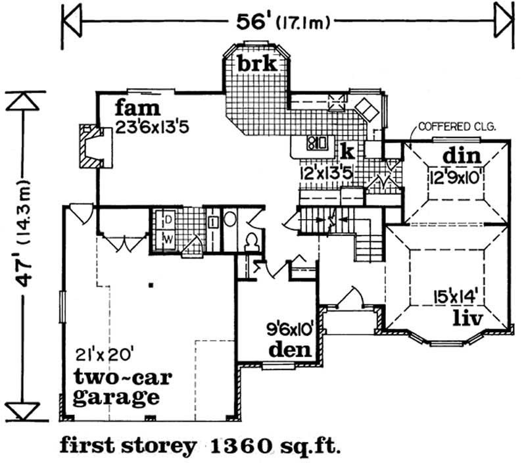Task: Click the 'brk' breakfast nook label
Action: (x=258, y=63)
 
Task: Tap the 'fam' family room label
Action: (x=137, y=109)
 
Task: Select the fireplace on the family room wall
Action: (x=95, y=146)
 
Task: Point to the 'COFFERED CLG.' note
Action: (x=457, y=127)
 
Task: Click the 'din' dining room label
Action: (x=462, y=156)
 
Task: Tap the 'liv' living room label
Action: (x=468, y=318)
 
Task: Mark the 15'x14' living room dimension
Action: (x=455, y=297)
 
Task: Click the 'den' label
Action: (x=290, y=349)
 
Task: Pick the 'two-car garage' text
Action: (x=122, y=387)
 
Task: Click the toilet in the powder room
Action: (x=252, y=241)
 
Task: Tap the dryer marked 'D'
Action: (x=169, y=220)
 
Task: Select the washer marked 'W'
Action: (x=168, y=239)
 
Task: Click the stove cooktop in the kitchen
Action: (x=316, y=143)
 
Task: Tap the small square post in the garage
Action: (x=151, y=285)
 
